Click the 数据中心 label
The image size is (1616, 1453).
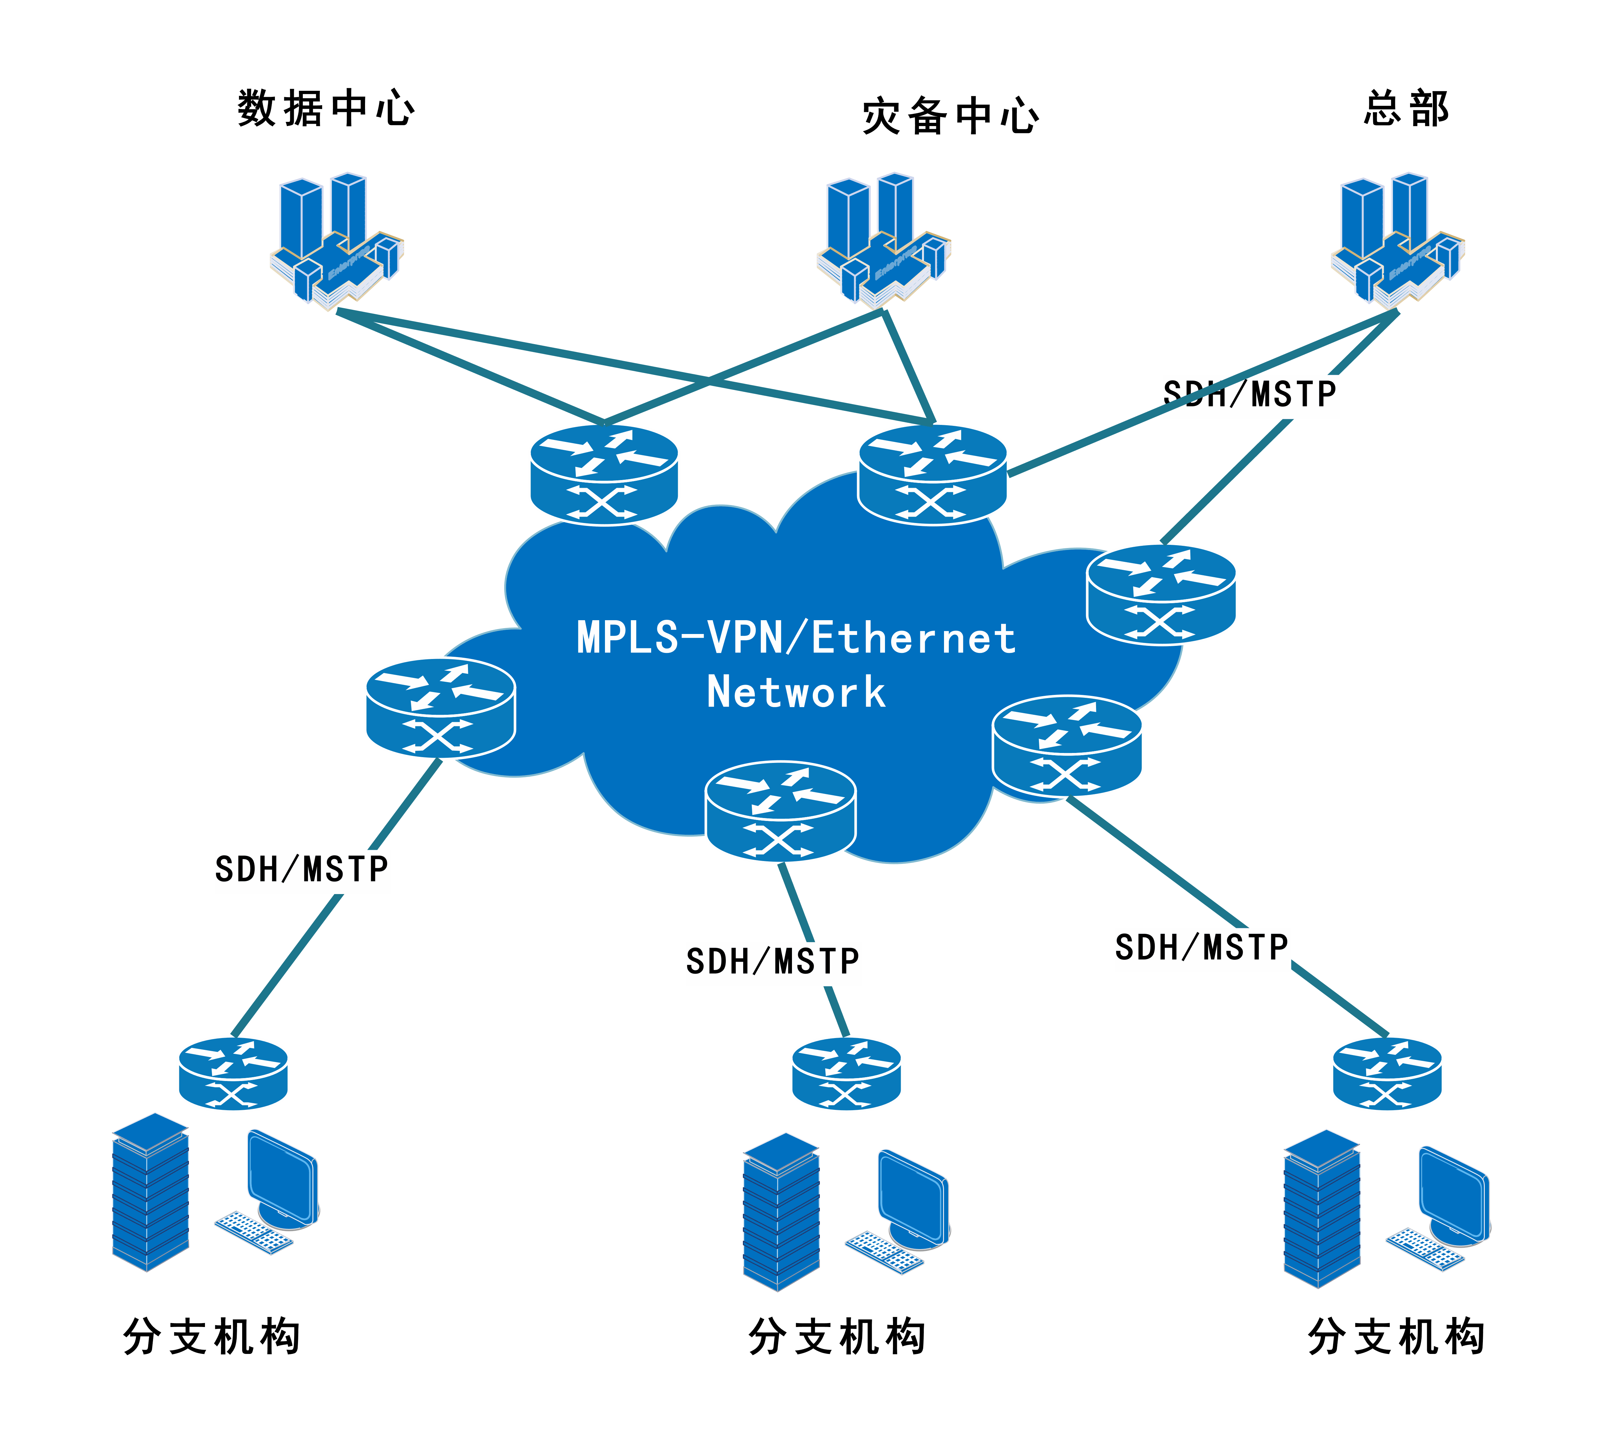[x=326, y=109]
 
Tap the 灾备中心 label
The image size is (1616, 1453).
[x=950, y=116]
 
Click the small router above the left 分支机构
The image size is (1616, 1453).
[x=233, y=1074]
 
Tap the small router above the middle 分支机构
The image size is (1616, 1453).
[x=846, y=1074]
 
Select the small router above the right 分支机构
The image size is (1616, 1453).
[x=1388, y=1074]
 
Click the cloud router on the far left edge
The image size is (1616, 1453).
[x=441, y=708]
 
